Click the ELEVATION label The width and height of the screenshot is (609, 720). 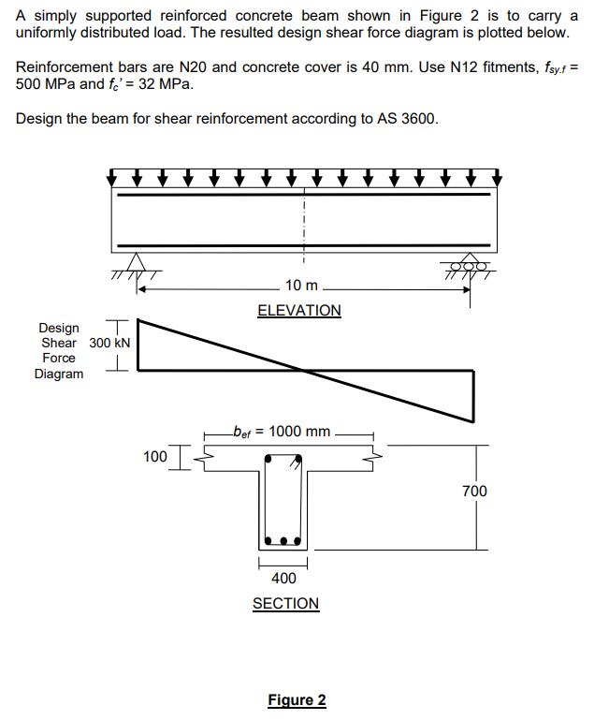click(298, 310)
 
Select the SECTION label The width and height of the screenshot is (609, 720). click(285, 604)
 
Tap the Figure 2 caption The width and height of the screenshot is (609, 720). click(297, 700)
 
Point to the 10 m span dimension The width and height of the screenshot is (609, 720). click(302, 286)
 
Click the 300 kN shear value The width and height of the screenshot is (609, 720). click(109, 343)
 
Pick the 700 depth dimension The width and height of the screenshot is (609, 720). click(475, 491)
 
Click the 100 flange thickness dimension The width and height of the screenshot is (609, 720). click(155, 457)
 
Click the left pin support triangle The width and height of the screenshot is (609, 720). click(138, 263)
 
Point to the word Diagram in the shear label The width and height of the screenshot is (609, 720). click(59, 374)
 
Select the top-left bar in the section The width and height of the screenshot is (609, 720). click(269, 461)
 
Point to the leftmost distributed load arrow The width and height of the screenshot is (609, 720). click(114, 177)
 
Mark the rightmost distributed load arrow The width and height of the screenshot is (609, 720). click(497, 177)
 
